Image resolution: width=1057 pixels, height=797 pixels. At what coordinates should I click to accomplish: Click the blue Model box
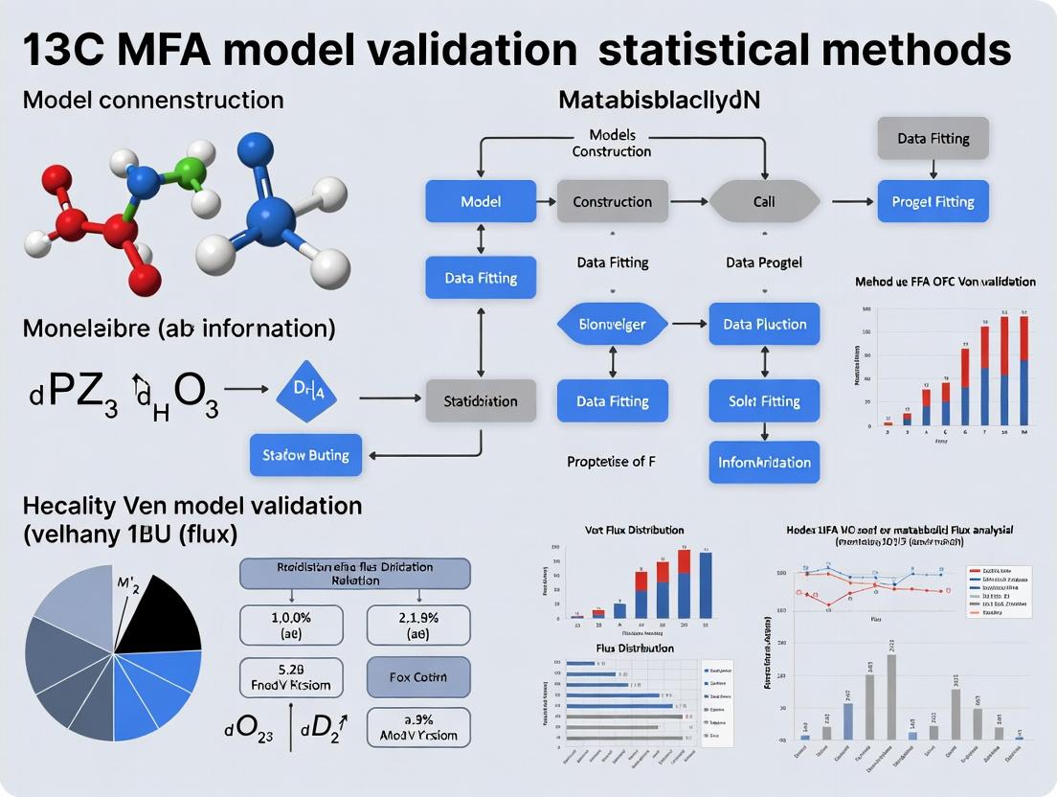click(x=481, y=201)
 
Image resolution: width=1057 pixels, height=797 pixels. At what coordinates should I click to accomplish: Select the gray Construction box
click(x=612, y=201)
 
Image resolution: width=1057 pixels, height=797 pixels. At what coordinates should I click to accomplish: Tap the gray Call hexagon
click(x=764, y=201)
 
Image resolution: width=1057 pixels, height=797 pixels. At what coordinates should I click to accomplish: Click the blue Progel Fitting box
click(x=933, y=201)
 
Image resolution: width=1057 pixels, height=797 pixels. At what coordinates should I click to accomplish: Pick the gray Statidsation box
click(x=480, y=400)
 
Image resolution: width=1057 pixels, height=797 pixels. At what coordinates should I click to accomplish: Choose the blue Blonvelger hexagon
click(x=613, y=324)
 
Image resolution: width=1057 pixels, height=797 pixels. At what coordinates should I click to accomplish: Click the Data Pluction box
click(x=764, y=324)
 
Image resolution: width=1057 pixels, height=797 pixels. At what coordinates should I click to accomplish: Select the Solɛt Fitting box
click(x=764, y=401)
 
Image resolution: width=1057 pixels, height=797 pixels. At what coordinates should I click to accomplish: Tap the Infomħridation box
click(x=764, y=462)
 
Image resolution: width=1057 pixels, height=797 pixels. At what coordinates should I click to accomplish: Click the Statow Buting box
click(x=306, y=454)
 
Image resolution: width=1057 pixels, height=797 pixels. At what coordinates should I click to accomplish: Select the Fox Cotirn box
click(x=418, y=677)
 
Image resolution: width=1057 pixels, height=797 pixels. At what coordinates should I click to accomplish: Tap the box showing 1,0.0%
click(x=290, y=624)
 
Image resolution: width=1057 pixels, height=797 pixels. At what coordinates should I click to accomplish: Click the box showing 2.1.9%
click(x=418, y=624)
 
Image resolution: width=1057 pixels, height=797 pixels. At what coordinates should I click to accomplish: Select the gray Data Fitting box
click(x=933, y=138)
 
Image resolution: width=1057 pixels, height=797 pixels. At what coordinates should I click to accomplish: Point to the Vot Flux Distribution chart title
click(x=634, y=529)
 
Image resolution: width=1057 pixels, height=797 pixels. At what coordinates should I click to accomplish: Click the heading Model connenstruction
click(x=152, y=100)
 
